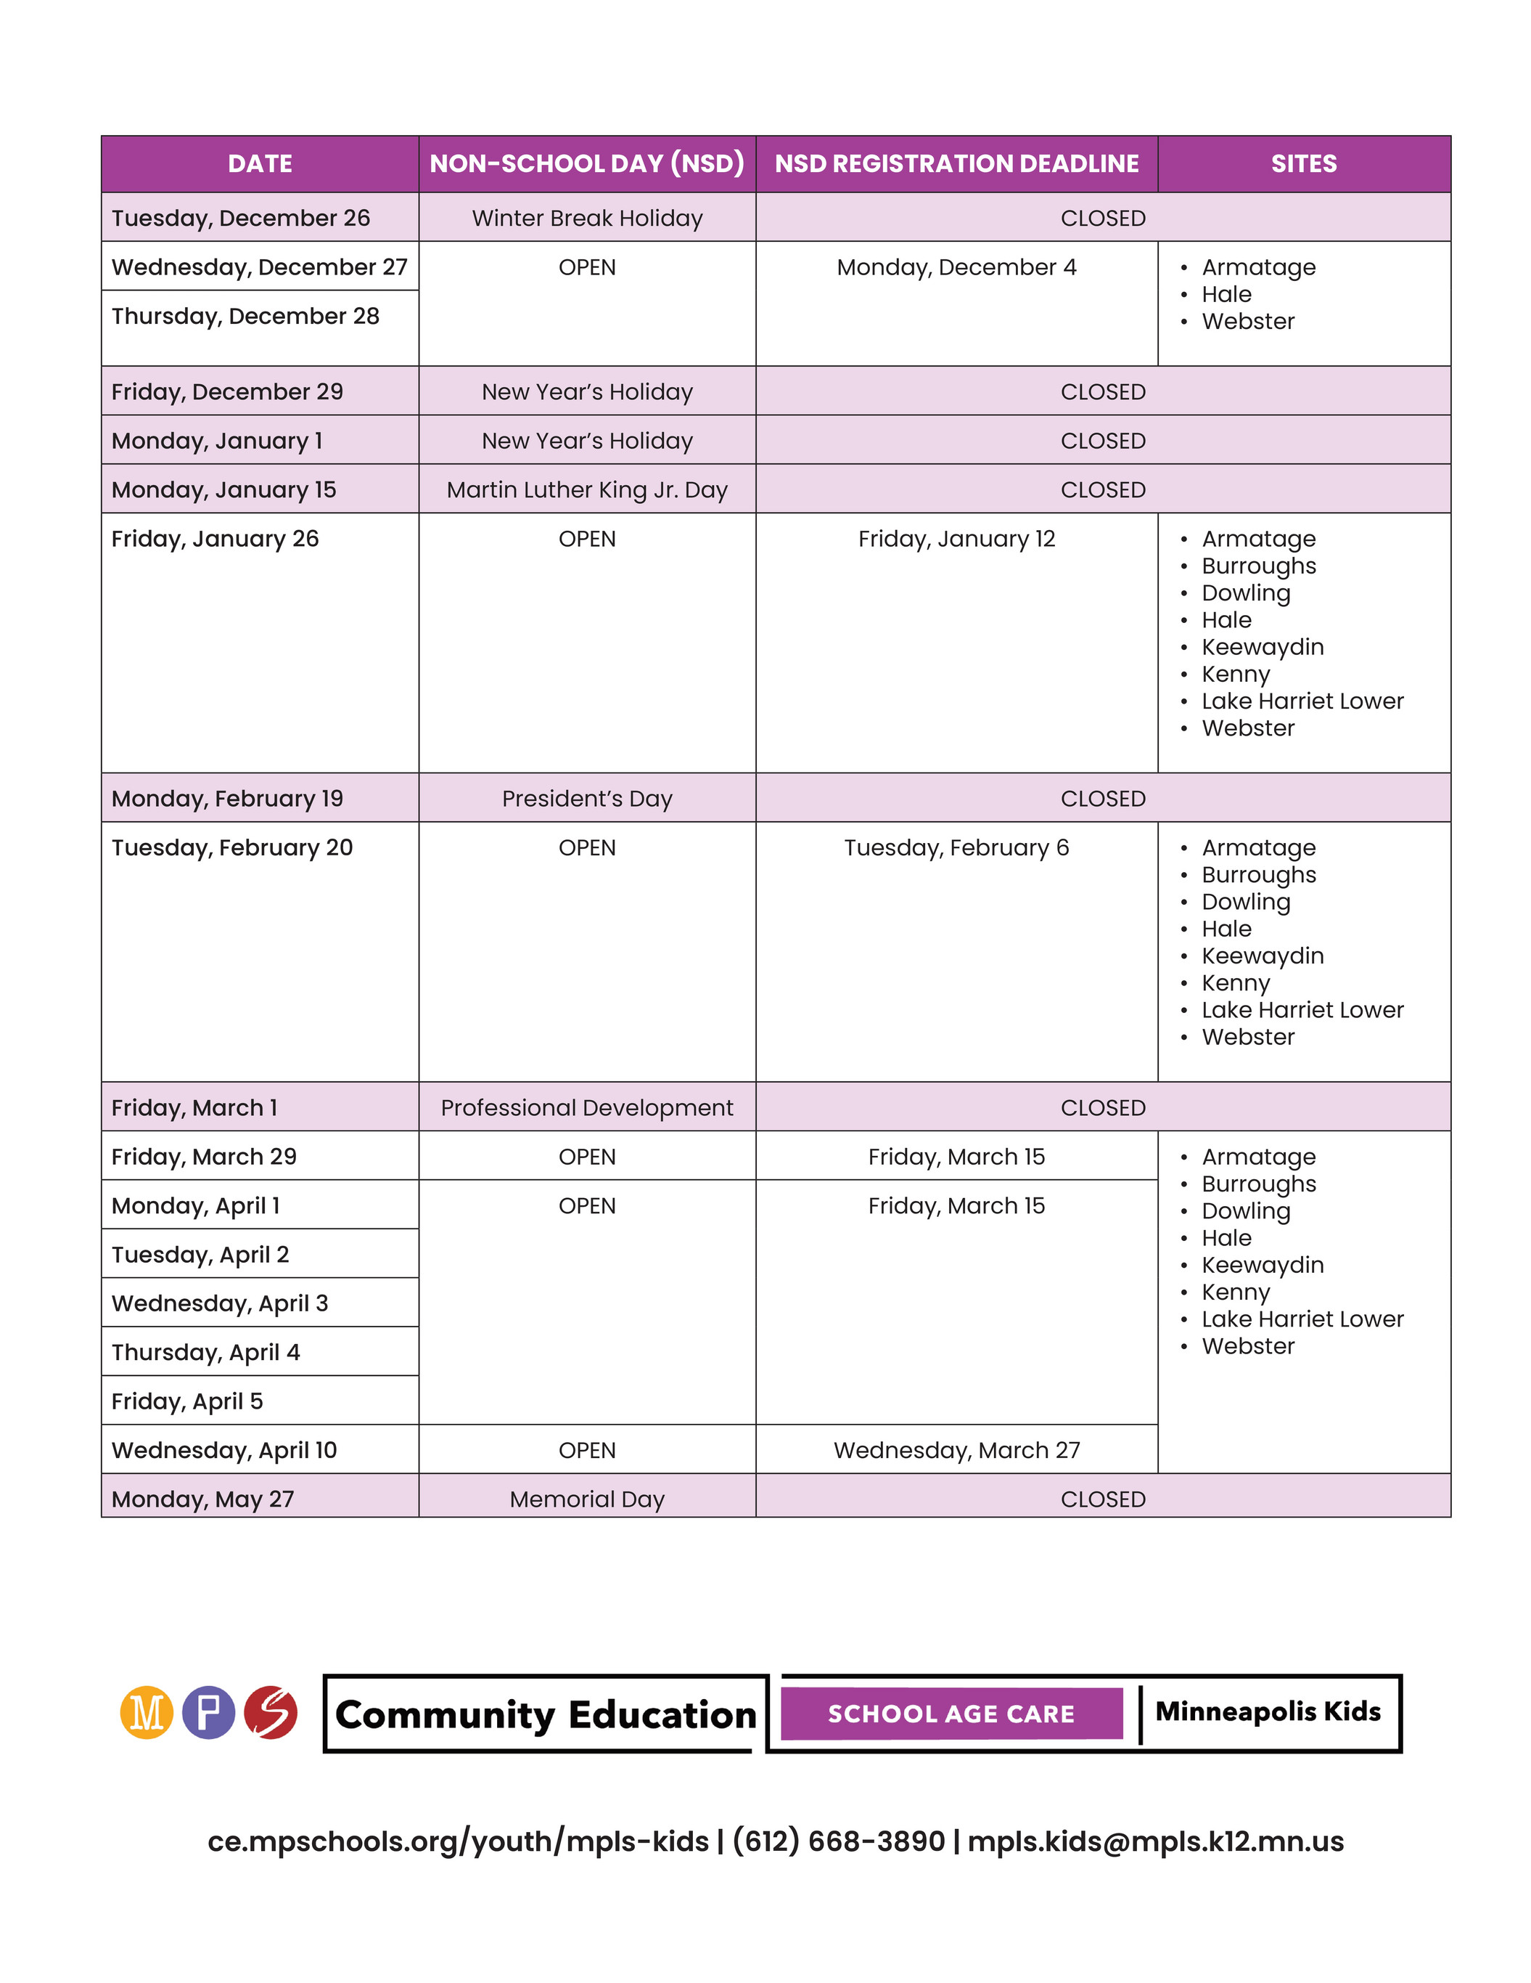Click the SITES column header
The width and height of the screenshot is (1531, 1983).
point(1303,163)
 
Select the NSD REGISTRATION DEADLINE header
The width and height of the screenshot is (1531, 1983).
point(956,163)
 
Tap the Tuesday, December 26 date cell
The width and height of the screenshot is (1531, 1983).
point(240,218)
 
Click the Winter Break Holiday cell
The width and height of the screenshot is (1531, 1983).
point(586,218)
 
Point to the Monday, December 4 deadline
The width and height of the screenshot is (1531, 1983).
point(956,267)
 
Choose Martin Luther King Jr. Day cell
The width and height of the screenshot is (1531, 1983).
point(586,489)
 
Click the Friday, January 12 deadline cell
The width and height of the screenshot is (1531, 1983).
point(956,539)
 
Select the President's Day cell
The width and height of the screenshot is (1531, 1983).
point(586,798)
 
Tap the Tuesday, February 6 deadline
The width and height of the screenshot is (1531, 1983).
point(956,847)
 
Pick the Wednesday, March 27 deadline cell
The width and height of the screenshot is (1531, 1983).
point(956,1450)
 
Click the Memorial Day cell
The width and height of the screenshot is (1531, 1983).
point(586,1499)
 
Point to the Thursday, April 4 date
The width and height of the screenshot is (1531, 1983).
point(205,1352)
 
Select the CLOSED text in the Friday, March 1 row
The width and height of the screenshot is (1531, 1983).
point(1103,1108)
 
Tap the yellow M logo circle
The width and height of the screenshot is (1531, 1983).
point(146,1712)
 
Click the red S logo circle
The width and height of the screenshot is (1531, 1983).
point(271,1712)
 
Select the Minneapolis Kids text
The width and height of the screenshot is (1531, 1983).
point(1267,1711)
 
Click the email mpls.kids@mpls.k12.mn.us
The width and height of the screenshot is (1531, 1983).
point(1154,1841)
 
